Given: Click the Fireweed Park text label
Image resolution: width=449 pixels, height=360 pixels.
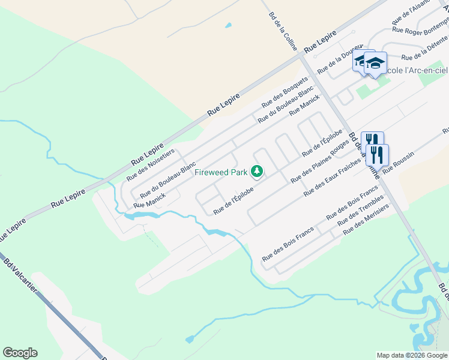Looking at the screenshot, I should (x=221, y=173).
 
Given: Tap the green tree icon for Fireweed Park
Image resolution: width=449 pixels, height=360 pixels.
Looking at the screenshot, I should (x=257, y=172).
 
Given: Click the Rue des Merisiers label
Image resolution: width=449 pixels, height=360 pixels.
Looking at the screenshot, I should (x=366, y=220).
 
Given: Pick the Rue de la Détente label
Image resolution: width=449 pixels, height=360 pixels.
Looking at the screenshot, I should (x=424, y=49).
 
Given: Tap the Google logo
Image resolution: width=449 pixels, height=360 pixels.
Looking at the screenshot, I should (x=20, y=353).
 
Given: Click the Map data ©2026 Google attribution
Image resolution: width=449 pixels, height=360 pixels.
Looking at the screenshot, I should (x=412, y=355).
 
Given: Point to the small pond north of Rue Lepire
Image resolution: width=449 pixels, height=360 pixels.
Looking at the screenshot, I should (x=228, y=26).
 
